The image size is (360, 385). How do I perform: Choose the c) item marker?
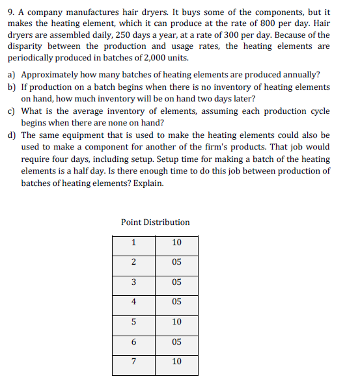12,111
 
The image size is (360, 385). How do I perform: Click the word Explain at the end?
149,183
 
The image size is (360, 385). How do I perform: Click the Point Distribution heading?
155,222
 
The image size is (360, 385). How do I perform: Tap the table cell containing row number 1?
133,243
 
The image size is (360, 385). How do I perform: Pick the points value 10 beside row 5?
176,323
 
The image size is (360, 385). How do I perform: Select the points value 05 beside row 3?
176,283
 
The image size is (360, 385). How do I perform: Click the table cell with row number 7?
133,362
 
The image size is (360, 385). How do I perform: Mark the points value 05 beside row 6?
176,342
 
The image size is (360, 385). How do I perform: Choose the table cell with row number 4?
133,302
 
